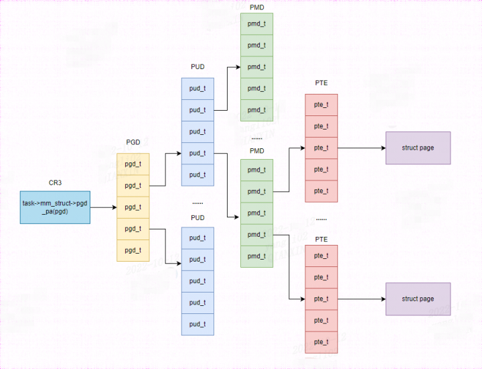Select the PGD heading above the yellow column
pyautogui.click(x=133, y=142)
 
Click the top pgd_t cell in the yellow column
pyautogui.click(x=133, y=164)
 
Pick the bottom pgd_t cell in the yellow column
pyautogui.click(x=133, y=250)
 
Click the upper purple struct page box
pyautogui.click(x=418, y=148)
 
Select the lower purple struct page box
pyautogui.click(x=418, y=299)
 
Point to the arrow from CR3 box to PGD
pyautogui.click(x=103, y=207)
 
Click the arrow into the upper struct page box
pyautogui.click(x=361, y=148)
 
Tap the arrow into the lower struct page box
pyautogui.click(x=361, y=299)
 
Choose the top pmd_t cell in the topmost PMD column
pyautogui.click(x=256, y=24)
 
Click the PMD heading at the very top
pyautogui.click(x=256, y=7)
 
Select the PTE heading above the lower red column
pyautogui.click(x=321, y=239)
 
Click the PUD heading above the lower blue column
pyautogui.click(x=197, y=218)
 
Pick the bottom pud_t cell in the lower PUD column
pyautogui.click(x=197, y=324)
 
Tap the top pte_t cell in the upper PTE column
pyautogui.click(x=321, y=105)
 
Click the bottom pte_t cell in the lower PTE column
pyautogui.click(x=321, y=341)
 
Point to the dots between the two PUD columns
pyautogui.click(x=197, y=202)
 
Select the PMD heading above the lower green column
pyautogui.click(x=256, y=151)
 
